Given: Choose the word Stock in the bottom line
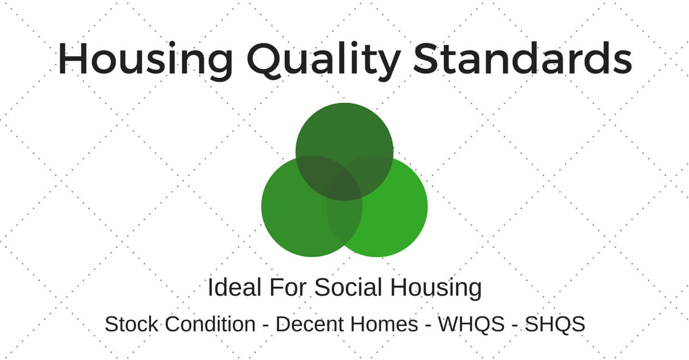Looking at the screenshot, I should [x=131, y=324].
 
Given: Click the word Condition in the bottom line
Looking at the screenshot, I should [x=210, y=324].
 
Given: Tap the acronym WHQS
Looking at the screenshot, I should [x=470, y=324].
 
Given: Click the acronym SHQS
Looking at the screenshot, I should [x=555, y=324].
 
